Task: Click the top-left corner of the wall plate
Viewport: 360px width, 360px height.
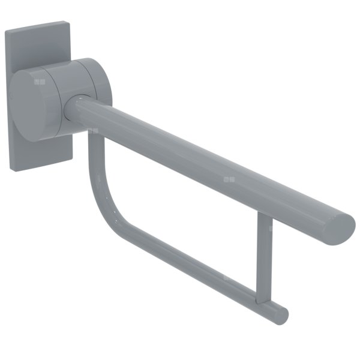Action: (x=6, y=31)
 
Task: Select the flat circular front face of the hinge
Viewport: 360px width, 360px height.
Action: (x=35, y=104)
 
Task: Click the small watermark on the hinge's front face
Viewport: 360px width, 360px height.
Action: (x=40, y=81)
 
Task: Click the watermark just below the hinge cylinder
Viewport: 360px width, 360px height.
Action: (x=92, y=130)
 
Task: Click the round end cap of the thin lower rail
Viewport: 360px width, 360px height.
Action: (x=281, y=314)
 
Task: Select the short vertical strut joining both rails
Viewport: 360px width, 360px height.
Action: (x=260, y=258)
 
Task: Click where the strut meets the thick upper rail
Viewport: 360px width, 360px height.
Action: (x=263, y=218)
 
